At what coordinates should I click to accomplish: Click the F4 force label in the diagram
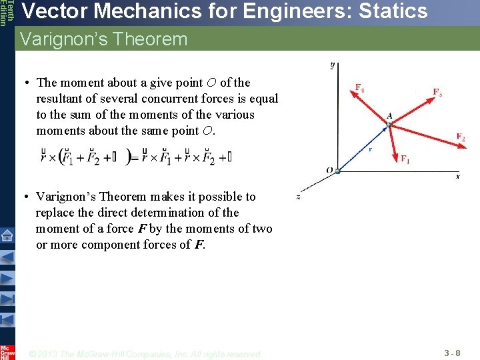359,87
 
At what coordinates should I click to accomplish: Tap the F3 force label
437,93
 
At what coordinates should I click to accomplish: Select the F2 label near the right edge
461,137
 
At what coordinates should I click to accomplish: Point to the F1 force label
405,159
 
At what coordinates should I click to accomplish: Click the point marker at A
389,125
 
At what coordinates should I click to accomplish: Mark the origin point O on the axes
337,171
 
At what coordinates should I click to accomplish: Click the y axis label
332,65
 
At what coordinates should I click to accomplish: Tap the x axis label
458,177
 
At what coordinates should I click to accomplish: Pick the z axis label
298,197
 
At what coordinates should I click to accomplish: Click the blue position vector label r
370,149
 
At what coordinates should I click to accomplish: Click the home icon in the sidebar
7,235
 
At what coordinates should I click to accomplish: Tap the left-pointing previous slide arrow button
7,257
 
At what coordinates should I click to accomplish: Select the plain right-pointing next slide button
7,278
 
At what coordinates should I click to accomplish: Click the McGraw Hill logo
7,351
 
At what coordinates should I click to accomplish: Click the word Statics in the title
387,11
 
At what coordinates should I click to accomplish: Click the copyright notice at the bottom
146,354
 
